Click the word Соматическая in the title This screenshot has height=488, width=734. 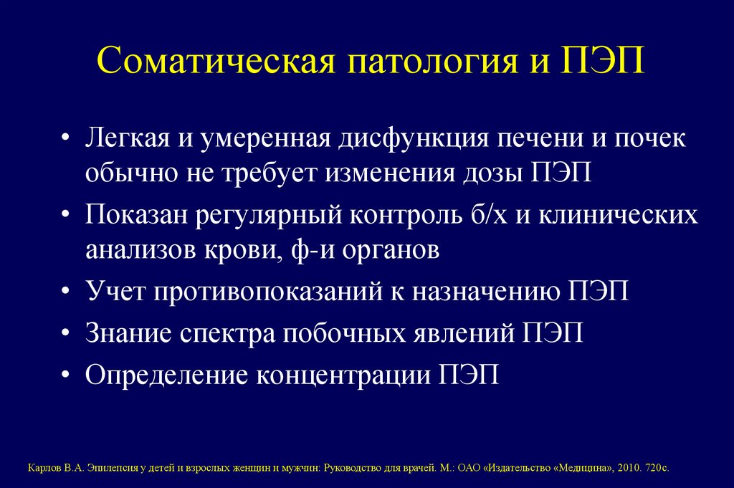[x=214, y=62]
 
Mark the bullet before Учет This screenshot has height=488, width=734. [x=66, y=293]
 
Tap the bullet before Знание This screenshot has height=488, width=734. [x=66, y=334]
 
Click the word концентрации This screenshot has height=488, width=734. [x=343, y=375]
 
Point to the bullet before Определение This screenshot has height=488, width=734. [x=66, y=375]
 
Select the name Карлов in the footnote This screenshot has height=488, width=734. [x=42, y=467]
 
